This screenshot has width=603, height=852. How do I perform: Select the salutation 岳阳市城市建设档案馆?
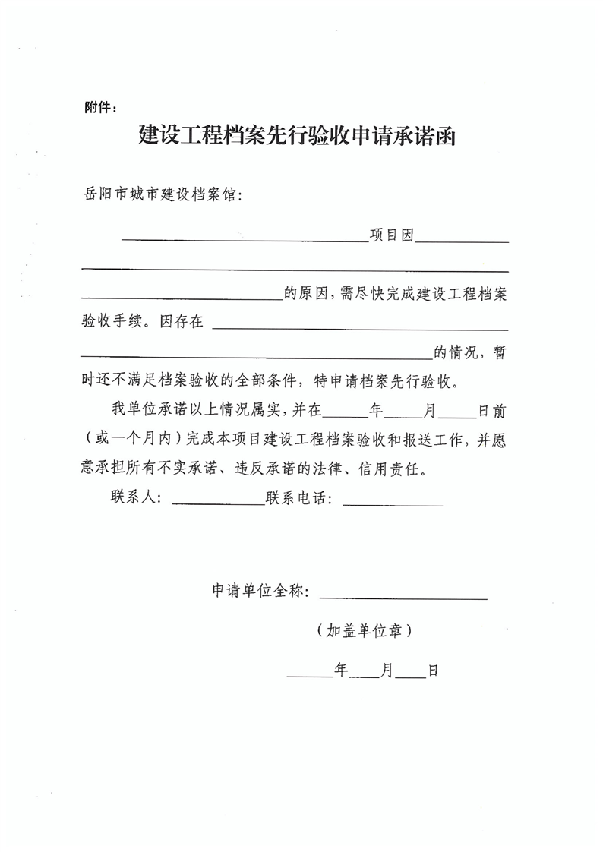click(x=163, y=195)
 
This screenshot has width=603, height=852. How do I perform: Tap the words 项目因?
click(x=391, y=236)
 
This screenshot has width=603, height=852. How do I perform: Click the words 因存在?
click(x=182, y=322)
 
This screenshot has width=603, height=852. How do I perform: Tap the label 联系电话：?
click(x=299, y=497)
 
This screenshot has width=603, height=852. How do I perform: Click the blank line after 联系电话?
click(x=393, y=503)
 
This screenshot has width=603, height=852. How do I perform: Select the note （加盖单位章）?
click(x=367, y=630)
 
